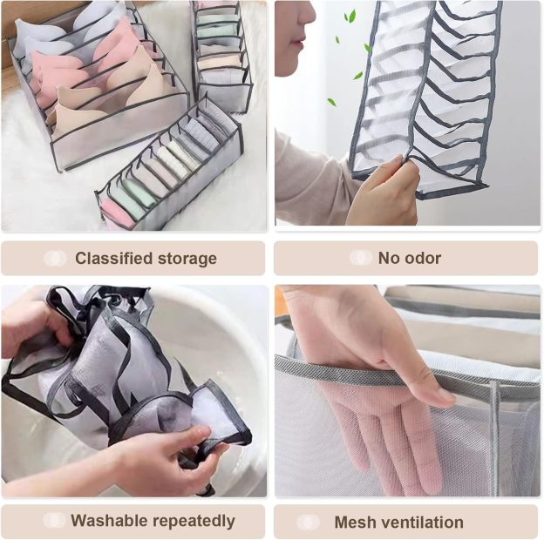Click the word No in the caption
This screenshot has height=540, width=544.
[386, 258]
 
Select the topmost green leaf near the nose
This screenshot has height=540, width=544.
[350, 17]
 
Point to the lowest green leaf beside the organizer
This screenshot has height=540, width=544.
[331, 102]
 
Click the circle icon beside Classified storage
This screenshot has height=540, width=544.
[55, 259]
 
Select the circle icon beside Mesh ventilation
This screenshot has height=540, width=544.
[308, 522]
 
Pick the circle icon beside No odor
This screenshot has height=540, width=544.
[360, 258]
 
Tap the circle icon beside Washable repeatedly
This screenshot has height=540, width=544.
[54, 521]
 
